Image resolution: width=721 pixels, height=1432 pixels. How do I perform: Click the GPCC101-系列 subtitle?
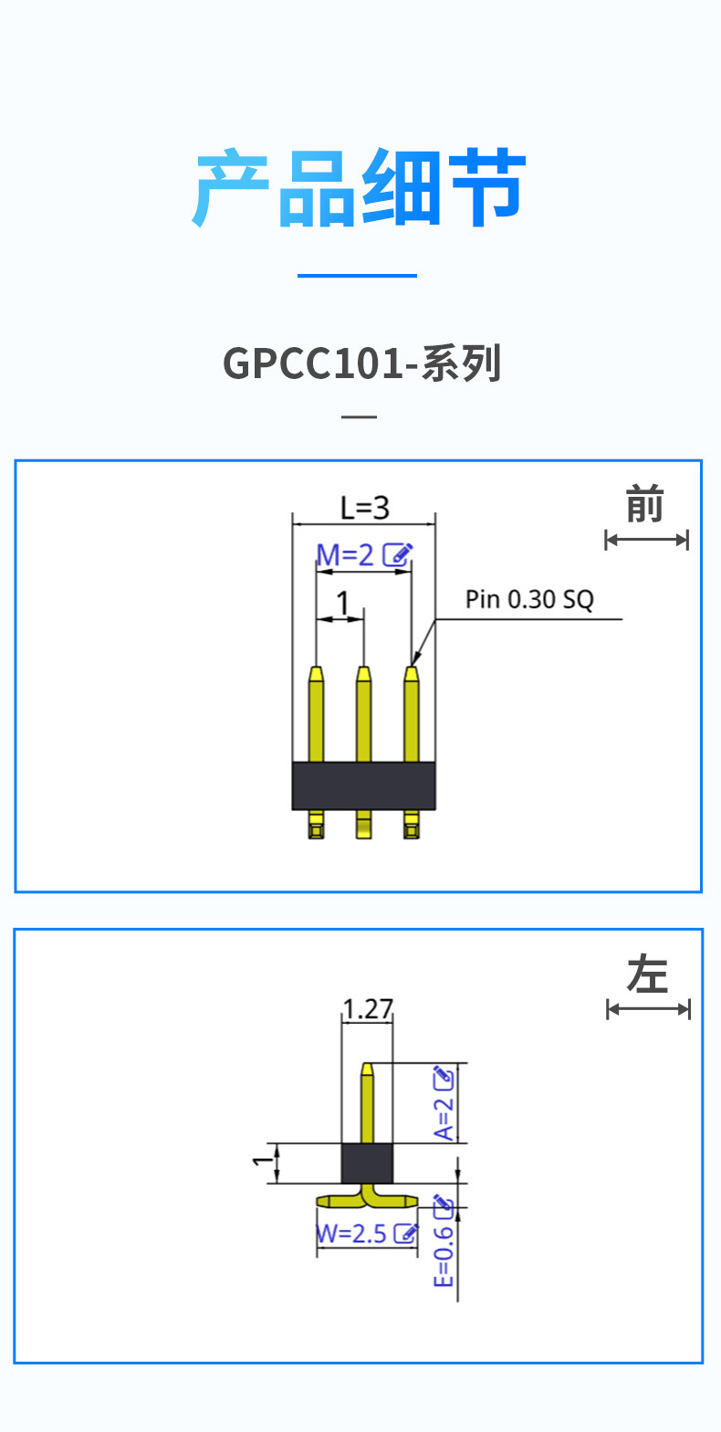click(362, 363)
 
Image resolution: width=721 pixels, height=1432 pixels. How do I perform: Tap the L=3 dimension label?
click(364, 508)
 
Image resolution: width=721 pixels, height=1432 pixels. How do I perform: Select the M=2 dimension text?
click(345, 554)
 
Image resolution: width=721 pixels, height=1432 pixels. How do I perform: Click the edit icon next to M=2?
click(397, 554)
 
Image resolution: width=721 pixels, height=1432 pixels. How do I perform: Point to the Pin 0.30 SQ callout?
click(529, 600)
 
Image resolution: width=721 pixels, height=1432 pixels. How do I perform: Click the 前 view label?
click(644, 505)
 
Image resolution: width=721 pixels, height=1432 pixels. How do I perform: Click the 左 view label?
click(647, 974)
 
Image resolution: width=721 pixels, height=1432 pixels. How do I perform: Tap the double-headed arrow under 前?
click(646, 540)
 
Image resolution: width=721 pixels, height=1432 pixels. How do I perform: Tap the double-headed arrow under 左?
click(648, 1008)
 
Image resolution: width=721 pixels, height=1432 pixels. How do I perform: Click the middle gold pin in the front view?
click(363, 717)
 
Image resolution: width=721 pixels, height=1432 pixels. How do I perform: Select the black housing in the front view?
click(363, 785)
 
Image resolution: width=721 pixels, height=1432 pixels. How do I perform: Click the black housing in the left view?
click(367, 1163)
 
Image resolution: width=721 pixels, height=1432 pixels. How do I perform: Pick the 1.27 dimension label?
click(367, 1009)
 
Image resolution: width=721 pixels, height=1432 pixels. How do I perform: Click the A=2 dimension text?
click(444, 1118)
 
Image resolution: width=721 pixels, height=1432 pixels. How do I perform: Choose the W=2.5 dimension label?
click(352, 1234)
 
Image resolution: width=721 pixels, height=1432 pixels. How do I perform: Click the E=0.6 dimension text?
click(444, 1256)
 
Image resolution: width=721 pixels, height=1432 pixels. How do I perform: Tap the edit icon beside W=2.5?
click(405, 1234)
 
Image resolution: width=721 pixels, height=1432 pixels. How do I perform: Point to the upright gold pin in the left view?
click(367, 1105)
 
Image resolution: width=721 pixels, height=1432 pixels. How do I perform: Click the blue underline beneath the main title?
click(357, 275)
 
